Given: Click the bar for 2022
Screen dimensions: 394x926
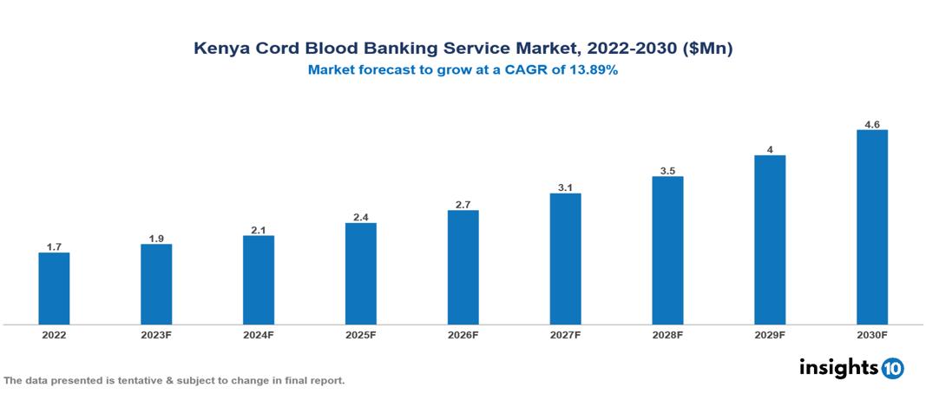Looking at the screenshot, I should pos(54,288).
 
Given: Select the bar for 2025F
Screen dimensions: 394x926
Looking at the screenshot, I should pos(360,273).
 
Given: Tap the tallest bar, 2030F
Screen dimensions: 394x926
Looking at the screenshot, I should pos(871,227).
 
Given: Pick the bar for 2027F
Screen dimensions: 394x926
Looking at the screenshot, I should pos(565,259).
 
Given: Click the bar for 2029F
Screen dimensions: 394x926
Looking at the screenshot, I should pos(770,240).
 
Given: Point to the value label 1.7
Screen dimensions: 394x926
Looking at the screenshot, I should pos(54,246).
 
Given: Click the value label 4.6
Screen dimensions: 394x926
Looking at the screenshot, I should pos(871,125).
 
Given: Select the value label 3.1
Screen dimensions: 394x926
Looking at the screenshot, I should pos(565,187).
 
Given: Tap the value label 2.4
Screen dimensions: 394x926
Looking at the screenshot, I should pos(360,217).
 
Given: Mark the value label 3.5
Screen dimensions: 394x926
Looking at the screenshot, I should pos(667,171).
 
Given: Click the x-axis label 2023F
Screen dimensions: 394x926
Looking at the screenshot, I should pos(156,335).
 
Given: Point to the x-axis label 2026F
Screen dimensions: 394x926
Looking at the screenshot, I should pos(463,335).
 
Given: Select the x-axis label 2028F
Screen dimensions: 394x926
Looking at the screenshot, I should pos(667,335).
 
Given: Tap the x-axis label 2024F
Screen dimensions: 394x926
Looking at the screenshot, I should pos(259,335).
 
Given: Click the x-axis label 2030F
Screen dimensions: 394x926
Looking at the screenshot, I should pos(871,335).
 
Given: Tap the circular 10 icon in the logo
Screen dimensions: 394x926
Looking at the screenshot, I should pos(892,368).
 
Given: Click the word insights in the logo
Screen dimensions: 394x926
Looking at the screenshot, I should pos(838,367).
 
